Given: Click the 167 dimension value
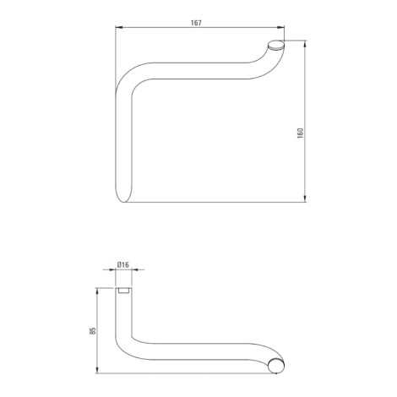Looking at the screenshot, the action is coord(196,23).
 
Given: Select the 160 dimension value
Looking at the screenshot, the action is coord(300,133).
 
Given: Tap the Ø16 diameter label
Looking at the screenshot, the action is coord(122,264).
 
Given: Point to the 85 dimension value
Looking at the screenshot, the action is coord(94,330).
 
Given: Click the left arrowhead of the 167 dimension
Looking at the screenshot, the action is coord(119,27).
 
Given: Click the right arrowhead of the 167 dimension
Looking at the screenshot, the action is coord(280,27).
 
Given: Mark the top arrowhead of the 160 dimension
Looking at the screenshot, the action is coord(305,44).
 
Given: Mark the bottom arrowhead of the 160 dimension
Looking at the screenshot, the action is coord(305,198).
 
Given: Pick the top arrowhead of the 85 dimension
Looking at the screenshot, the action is coord(97,291).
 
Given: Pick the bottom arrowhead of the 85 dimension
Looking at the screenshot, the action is coord(97,370).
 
